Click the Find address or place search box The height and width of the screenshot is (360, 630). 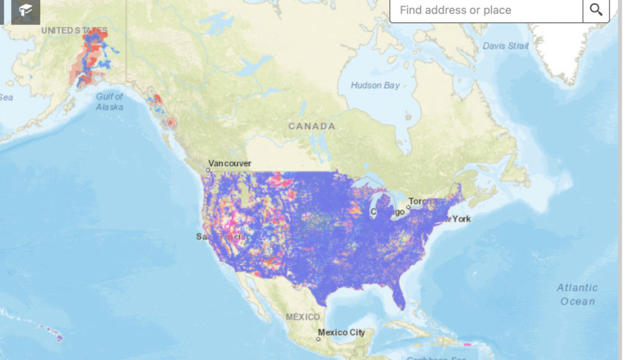pos(486,10)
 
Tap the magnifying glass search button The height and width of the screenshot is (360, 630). pos(596,10)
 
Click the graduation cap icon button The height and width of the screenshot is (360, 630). pos(26,10)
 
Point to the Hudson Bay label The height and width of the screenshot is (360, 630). pos(376,85)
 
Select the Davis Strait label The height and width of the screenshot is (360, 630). pos(506,46)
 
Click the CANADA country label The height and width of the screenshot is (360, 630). pos(311,126)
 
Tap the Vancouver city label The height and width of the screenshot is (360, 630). pos(230,163)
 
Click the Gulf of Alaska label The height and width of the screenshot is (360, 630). pos(110,101)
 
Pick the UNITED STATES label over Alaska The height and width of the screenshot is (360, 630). pos(74,30)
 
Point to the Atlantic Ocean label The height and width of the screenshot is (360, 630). pos(577,295)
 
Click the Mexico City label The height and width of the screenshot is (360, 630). pos(341,332)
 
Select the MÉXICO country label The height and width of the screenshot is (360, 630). pos(303,316)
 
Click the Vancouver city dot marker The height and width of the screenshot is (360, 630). pos(208,170)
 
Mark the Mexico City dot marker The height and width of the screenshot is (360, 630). pos(318,339)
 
